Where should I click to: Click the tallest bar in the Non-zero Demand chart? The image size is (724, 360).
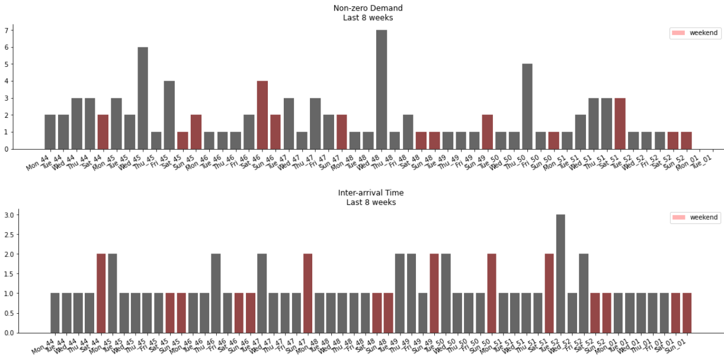382,89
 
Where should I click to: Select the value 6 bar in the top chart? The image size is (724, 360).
143,98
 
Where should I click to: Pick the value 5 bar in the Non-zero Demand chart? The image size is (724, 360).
527,106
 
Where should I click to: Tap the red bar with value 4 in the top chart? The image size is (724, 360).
262,115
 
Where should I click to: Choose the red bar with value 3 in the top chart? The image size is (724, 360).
620,123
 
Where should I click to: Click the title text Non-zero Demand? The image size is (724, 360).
368,8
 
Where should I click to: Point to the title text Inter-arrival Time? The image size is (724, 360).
371,193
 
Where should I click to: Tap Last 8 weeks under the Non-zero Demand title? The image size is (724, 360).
368,18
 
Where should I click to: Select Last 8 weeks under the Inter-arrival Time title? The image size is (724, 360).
371,202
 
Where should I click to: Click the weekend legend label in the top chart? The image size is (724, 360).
703,33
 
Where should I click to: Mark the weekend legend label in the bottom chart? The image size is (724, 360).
703,218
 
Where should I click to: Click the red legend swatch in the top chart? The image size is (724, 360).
678,33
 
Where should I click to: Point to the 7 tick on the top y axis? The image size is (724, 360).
7,30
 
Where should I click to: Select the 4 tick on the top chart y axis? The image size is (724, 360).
7,81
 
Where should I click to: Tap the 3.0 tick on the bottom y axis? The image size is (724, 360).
8,215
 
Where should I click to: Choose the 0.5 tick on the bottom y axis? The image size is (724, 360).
8,313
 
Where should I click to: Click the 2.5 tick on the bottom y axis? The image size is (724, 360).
8,234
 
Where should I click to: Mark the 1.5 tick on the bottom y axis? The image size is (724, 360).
8,274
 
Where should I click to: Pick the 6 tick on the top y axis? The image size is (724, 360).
7,47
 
